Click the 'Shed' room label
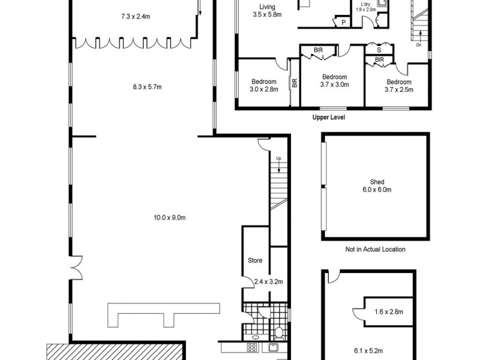(377, 182)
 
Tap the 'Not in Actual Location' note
(376, 249)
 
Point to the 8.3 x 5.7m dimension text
(147, 87)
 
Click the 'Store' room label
(255, 260)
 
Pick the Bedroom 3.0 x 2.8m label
(264, 85)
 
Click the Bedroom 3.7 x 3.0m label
(334, 80)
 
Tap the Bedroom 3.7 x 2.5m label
(399, 85)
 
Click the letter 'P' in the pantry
(344, 22)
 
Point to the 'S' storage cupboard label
(379, 50)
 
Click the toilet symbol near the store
(278, 331)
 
